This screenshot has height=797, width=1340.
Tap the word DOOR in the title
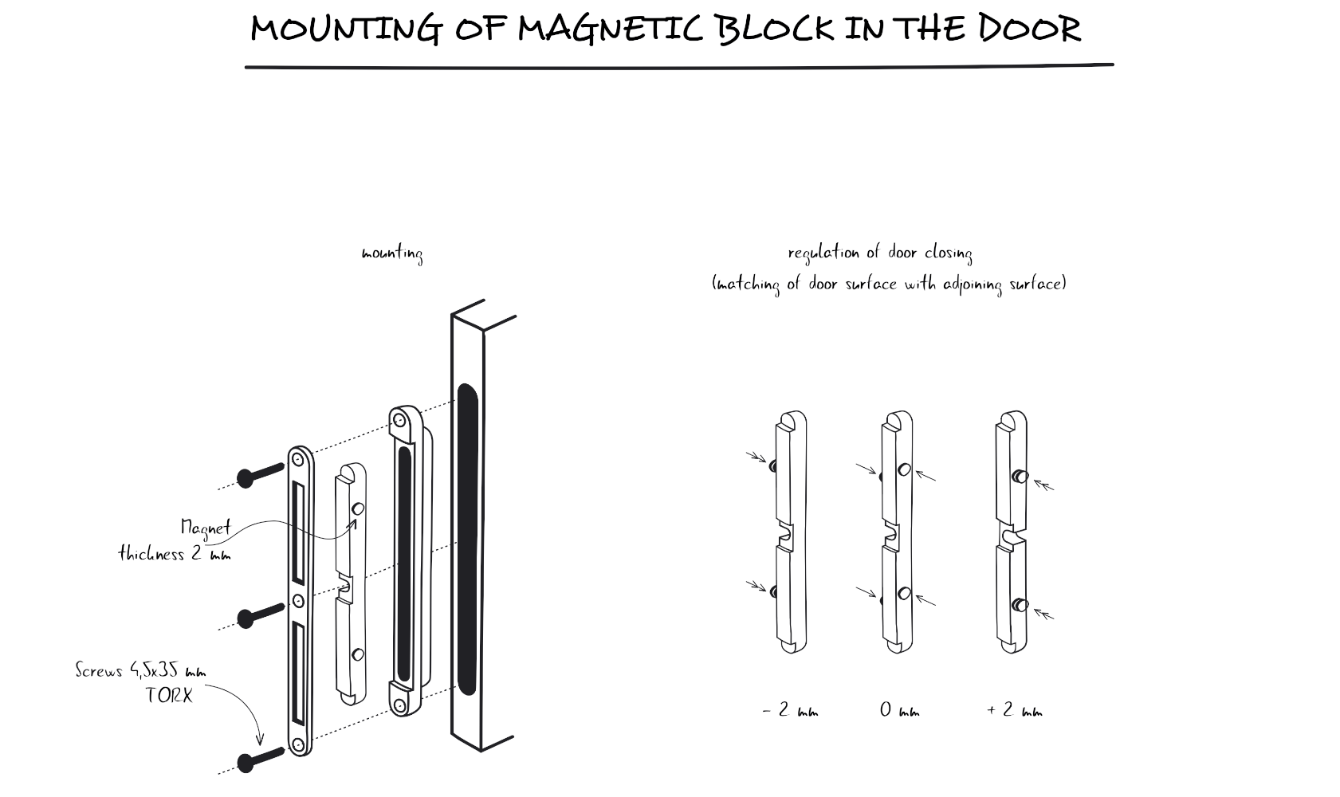(x=1029, y=29)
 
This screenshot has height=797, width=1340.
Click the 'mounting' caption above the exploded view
(x=392, y=254)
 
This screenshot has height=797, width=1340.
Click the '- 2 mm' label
(x=790, y=710)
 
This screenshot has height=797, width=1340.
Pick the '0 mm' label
(x=899, y=710)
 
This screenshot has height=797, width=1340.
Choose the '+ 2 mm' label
(x=1014, y=710)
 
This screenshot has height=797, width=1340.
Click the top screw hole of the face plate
(x=298, y=459)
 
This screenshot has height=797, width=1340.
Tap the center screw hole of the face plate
(x=298, y=600)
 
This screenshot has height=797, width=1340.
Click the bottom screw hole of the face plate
(x=298, y=745)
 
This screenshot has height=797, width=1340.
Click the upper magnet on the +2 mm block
(x=1020, y=477)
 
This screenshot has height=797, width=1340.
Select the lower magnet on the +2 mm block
(x=1020, y=605)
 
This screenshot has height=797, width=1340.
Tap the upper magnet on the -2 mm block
(x=773, y=464)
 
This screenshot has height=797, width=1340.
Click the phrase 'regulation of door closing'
(x=880, y=253)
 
